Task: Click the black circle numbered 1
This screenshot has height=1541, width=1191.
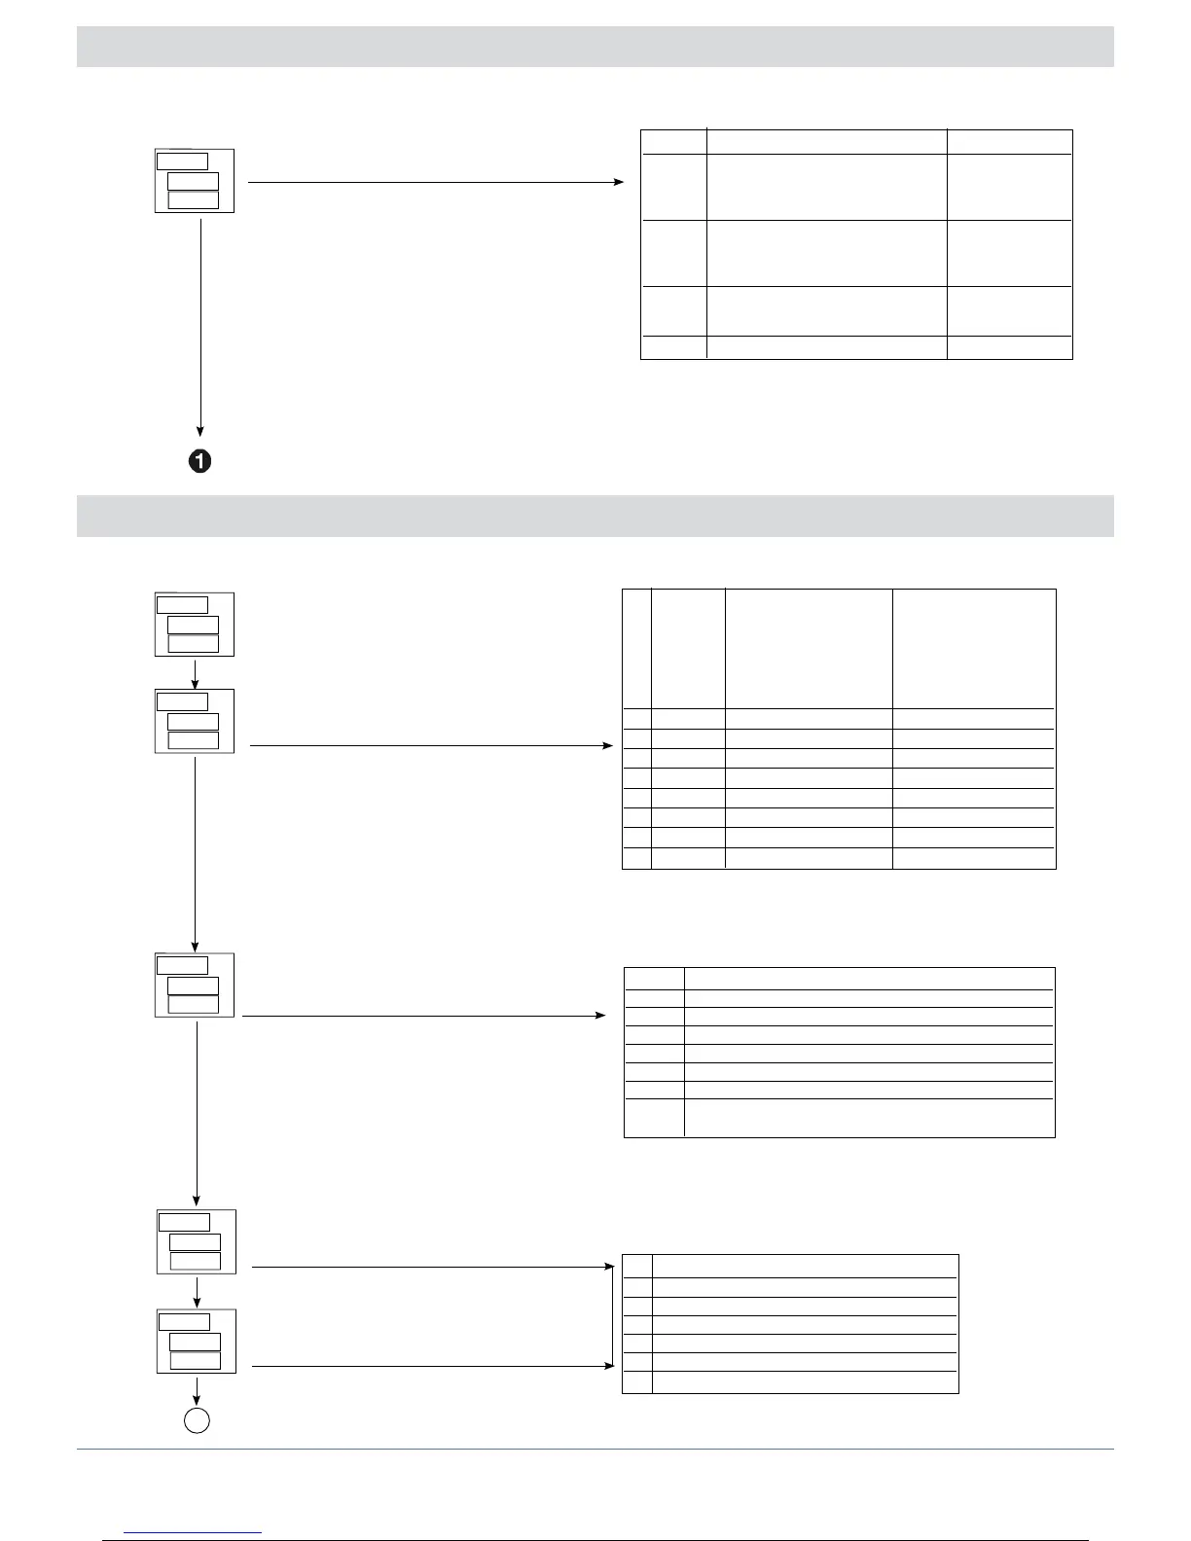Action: click(x=199, y=461)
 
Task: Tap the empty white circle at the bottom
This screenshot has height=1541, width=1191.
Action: click(x=197, y=1420)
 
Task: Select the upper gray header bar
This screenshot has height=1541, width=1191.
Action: click(x=595, y=47)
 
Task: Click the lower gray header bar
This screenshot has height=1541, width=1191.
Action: click(x=595, y=516)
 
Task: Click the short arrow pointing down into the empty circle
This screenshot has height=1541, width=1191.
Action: click(x=197, y=1389)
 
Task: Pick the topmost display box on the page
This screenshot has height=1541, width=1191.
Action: click(x=195, y=181)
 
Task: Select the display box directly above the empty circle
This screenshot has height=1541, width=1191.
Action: click(x=197, y=1342)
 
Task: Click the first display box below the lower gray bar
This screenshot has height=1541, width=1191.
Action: click(x=195, y=625)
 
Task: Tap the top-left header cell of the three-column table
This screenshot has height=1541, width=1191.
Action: click(x=673, y=141)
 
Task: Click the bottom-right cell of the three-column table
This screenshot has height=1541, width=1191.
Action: click(x=1009, y=347)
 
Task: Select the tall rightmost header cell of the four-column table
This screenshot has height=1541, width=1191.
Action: click(x=974, y=648)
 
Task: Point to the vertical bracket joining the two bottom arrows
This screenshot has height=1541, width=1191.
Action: click(x=612, y=1317)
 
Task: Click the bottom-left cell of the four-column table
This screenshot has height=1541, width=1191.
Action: click(x=636, y=857)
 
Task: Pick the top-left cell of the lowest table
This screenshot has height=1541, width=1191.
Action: click(x=637, y=1267)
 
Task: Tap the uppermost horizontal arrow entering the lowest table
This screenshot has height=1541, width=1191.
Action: click(x=428, y=1268)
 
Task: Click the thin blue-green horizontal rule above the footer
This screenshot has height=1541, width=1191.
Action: click(x=595, y=1450)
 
